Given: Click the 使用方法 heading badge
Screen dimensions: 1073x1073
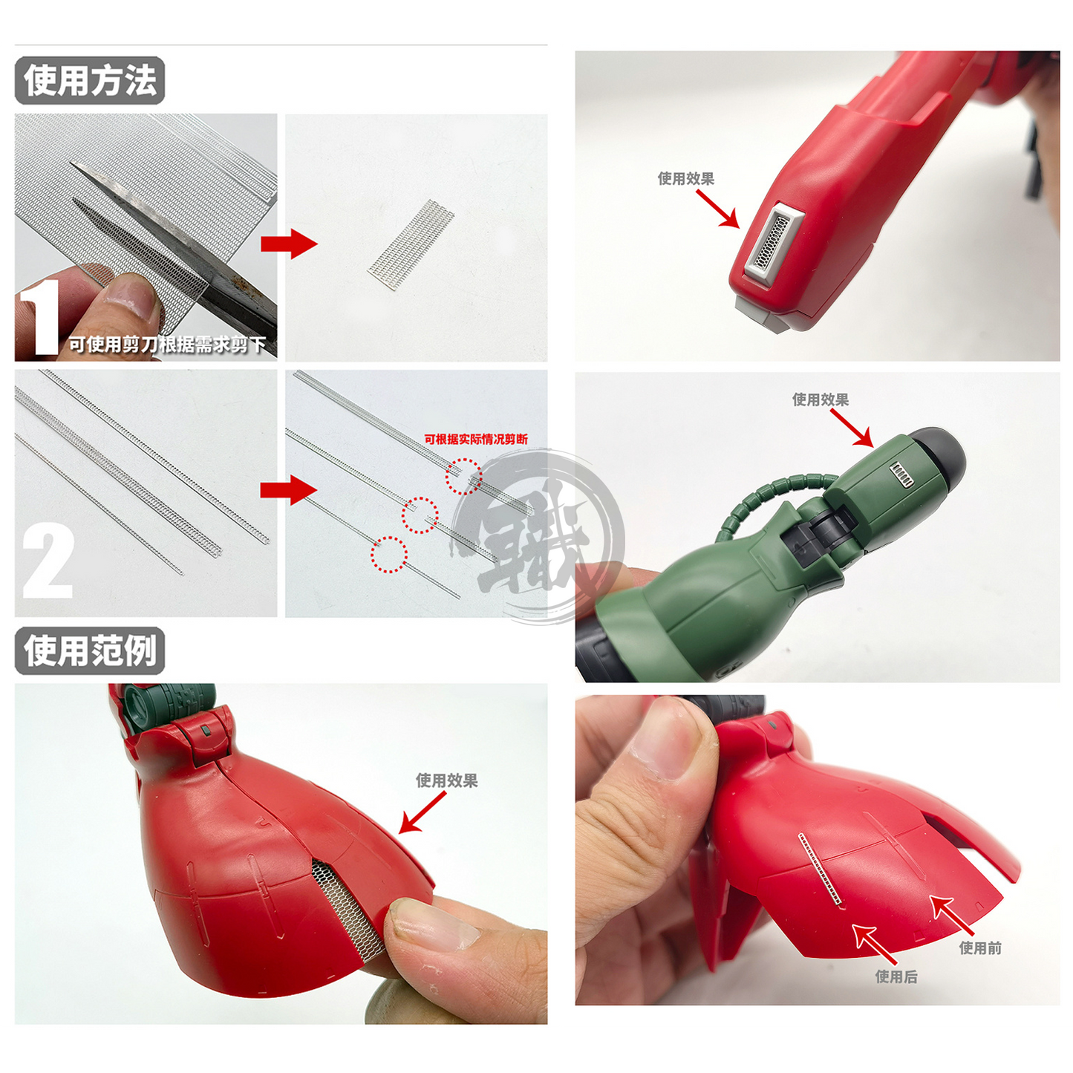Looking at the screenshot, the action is [90, 81].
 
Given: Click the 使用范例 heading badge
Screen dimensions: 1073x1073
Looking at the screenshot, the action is [90, 651].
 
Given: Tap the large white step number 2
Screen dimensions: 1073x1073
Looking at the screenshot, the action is [48, 561].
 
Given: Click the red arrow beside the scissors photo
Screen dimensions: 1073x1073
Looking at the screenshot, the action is [288, 244].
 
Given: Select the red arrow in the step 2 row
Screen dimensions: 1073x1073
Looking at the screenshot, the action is [288, 491].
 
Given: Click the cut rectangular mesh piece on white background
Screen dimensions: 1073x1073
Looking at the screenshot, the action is [411, 244].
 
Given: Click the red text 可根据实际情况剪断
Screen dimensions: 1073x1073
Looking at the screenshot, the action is [476, 440].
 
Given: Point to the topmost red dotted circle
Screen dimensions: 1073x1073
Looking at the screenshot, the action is [464, 477].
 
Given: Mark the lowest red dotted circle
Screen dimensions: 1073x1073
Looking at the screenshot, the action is [389, 555].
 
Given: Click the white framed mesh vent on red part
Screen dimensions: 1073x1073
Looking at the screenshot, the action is [772, 241].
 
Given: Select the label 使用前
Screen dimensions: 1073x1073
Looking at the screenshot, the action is [980, 948].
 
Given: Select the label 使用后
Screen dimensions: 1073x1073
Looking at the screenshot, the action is [896, 976].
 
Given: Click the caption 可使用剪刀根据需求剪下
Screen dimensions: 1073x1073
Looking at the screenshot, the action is [168, 345].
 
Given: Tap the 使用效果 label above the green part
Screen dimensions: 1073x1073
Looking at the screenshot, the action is [821, 399].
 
